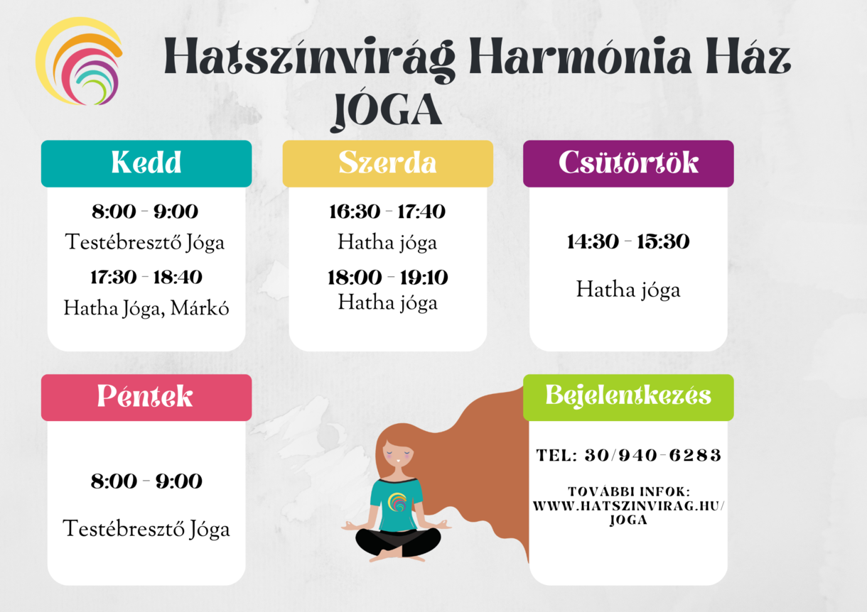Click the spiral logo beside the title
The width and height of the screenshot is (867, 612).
tap(79, 61)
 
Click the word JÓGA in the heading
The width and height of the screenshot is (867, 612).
tap(387, 111)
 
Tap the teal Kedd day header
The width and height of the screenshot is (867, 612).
tap(146, 163)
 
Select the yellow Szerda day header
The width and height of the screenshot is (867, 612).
tap(387, 163)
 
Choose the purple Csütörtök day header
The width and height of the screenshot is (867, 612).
tap(628, 163)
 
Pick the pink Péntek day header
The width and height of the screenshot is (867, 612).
tap(146, 398)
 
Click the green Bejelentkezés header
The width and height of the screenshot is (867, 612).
tap(628, 398)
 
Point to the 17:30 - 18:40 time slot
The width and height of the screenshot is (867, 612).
tap(146, 277)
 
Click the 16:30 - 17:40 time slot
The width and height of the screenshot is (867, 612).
tap(387, 212)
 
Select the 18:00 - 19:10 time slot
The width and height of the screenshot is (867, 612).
tap(387, 278)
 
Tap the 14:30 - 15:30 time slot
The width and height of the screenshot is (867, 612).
tap(628, 241)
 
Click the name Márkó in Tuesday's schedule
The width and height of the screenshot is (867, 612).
tap(200, 308)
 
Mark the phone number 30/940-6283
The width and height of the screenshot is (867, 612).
tap(653, 455)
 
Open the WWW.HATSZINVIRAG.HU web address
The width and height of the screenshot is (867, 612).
tap(628, 506)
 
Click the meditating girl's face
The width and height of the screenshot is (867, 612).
tap(397, 457)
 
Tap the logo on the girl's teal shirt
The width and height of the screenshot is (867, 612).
tap(397, 502)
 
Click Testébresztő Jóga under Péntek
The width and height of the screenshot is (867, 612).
tap(146, 529)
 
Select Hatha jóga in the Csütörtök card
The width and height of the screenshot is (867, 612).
tap(628, 290)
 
